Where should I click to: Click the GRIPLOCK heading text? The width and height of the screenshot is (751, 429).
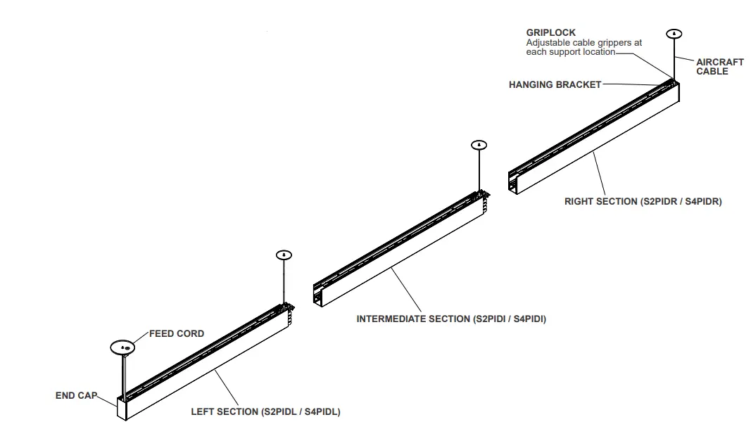[551, 32]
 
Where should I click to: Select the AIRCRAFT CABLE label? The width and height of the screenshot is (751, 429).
[719, 67]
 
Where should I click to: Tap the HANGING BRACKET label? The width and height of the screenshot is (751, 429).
[555, 85]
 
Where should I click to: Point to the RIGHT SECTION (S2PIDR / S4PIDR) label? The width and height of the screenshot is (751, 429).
[643, 202]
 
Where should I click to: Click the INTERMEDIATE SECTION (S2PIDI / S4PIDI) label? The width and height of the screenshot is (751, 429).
[451, 319]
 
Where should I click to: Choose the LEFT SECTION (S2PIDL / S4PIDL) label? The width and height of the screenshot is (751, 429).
[265, 412]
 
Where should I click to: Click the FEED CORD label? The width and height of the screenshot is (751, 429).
[177, 334]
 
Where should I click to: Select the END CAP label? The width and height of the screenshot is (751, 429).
[76, 396]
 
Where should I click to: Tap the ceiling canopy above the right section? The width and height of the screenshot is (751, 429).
[674, 33]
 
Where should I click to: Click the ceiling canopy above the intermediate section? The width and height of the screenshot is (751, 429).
[479, 145]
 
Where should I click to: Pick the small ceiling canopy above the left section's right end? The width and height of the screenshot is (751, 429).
[284, 255]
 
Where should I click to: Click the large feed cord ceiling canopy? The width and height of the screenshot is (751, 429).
[122, 347]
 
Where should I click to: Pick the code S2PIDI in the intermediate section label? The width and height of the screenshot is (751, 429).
[491, 319]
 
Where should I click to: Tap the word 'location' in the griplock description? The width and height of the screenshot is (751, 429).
[598, 52]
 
